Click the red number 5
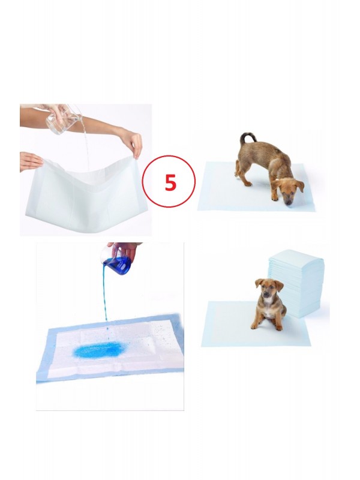(x=170, y=182)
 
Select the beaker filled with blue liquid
(x=118, y=264)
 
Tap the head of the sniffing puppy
(x=287, y=188)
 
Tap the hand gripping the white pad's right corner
(x=133, y=142)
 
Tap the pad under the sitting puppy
(x=228, y=324)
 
